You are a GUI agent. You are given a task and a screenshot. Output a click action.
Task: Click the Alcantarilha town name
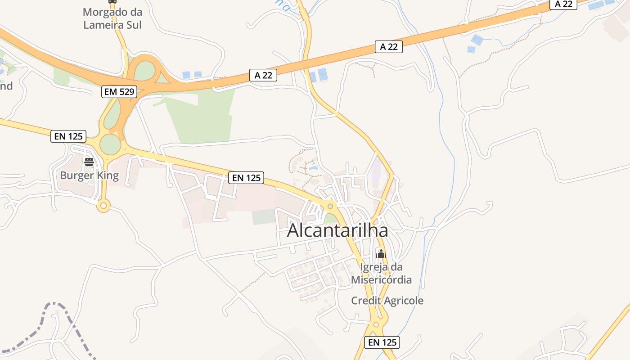pos(337,230)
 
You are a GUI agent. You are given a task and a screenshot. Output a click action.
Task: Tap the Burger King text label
pos(89,175)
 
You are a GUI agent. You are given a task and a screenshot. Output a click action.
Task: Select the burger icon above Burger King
pos(89,162)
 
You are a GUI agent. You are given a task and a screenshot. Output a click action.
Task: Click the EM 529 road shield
pos(119,92)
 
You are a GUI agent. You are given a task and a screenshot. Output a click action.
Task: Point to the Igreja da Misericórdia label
pos(381,273)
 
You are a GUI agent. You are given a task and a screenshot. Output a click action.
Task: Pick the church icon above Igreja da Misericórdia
pos(381,254)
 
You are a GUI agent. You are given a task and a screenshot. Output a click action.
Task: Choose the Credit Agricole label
pos(387,301)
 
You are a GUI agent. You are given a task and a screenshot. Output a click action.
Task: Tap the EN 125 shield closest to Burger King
pos(68,136)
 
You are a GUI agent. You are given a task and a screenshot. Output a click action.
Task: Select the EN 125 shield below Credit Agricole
pos(382,342)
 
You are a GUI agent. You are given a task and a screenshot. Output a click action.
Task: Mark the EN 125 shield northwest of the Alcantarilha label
pos(246,178)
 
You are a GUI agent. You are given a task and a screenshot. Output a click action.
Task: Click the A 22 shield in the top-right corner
pos(563,4)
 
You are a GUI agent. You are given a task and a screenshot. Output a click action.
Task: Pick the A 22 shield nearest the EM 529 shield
pos(263,75)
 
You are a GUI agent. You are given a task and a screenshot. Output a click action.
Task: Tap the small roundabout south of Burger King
pos(103,206)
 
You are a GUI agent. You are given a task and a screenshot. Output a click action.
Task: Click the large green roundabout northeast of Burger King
pos(110,144)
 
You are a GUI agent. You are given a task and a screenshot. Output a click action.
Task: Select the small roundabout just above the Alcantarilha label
pos(330,206)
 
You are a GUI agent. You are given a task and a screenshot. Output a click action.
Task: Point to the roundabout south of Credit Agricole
pos(376,324)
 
